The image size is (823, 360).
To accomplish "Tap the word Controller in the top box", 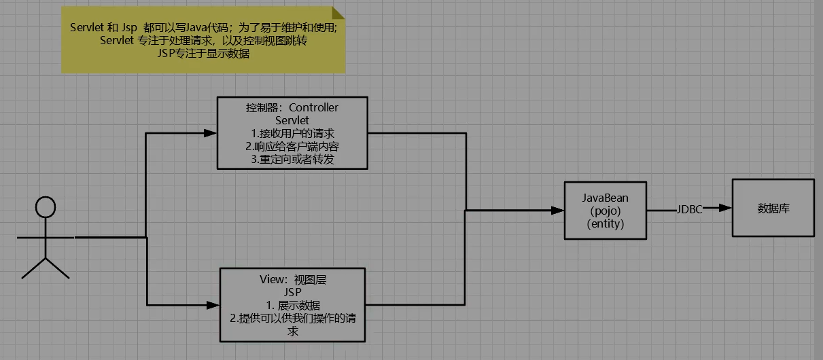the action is point(313,107).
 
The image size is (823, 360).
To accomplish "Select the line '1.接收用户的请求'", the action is point(292,133).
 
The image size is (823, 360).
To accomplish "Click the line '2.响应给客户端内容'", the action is point(292,147).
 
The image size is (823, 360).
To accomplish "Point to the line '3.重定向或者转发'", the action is point(292,160).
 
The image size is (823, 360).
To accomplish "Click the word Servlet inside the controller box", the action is point(292,120).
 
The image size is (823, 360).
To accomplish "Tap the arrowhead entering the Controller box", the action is point(210,133).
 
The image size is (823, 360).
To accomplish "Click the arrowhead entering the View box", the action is point(213,305).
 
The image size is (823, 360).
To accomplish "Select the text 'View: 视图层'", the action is point(293,280).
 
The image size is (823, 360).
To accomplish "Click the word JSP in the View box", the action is point(292,292).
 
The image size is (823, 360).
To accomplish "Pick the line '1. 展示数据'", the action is point(293,305).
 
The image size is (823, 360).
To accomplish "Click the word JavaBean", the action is point(605,198).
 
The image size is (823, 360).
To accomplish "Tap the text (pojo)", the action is point(606,211).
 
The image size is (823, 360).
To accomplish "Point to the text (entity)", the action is point(606,223).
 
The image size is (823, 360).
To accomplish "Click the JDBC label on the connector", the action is point(689,209).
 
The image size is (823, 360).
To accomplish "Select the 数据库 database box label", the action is point(773,209).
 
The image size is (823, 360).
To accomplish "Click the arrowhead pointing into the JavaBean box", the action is point(558,211).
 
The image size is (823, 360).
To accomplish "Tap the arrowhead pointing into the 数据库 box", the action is point(725,208).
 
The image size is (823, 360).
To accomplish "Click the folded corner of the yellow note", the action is point(338,13).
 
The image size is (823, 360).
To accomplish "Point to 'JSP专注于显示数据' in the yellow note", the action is point(204,54).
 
